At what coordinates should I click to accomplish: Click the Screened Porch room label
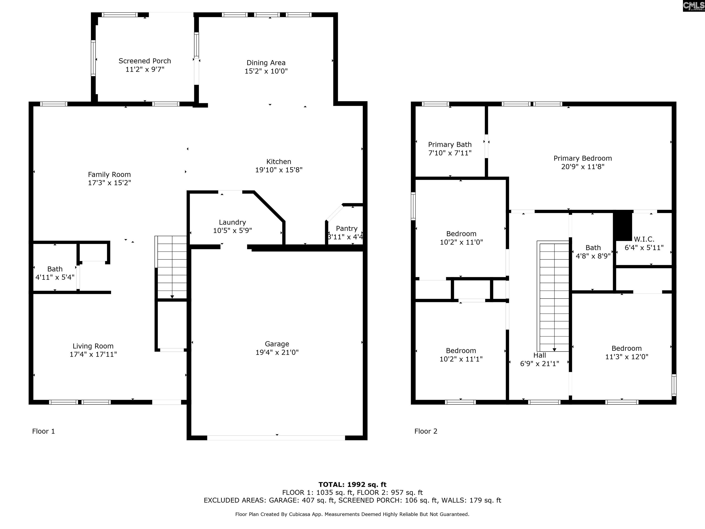(145, 61)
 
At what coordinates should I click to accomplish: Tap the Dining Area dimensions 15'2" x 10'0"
(266, 71)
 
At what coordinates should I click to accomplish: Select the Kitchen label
(279, 162)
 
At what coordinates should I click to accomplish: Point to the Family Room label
(109, 175)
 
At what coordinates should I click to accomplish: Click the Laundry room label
(232, 222)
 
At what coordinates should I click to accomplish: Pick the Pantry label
(347, 229)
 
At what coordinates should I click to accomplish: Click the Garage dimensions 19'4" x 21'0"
(277, 352)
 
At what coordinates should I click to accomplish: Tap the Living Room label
(93, 346)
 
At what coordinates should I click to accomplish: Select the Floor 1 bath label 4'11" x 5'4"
(55, 277)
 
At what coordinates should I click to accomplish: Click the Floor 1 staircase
(171, 267)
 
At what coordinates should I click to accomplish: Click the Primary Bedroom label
(583, 158)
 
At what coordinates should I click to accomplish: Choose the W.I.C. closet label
(644, 239)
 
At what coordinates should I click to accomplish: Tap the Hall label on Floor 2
(540, 355)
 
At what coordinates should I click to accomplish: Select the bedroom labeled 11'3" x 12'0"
(627, 352)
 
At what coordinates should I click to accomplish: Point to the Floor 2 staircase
(553, 296)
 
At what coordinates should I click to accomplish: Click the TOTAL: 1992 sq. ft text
(352, 485)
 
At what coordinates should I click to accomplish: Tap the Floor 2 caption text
(426, 431)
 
